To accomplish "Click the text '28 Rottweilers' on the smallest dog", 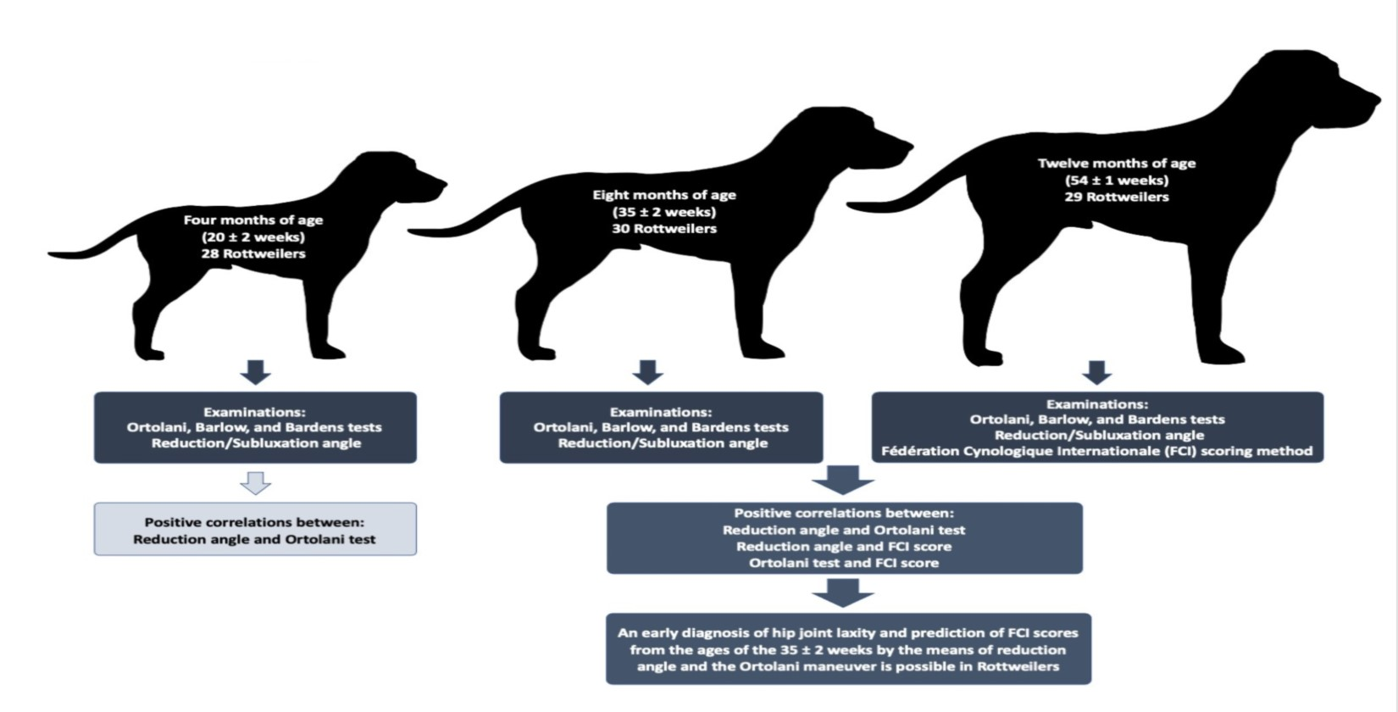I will click(x=253, y=253).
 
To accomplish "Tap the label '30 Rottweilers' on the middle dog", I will click(x=664, y=228).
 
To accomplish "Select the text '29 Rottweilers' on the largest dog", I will click(x=1116, y=197).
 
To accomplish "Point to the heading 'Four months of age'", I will click(x=253, y=220).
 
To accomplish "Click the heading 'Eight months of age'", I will click(x=664, y=195).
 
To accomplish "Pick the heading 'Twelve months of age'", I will click(x=1116, y=163).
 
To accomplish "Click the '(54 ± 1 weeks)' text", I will click(x=1116, y=180).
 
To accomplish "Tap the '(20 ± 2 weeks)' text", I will click(x=253, y=236).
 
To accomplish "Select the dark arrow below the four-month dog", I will click(x=255, y=372).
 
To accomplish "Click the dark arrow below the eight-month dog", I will click(x=648, y=372).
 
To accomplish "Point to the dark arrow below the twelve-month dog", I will click(x=1097, y=372).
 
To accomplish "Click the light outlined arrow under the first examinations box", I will click(x=255, y=483).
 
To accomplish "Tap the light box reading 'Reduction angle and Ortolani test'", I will click(x=255, y=530).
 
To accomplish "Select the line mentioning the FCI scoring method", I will click(x=1096, y=451).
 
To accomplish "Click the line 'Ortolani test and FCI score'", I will click(x=844, y=563).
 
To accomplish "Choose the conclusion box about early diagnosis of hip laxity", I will click(x=848, y=649).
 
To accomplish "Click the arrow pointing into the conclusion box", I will click(x=843, y=593).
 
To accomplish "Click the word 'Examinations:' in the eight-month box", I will click(x=661, y=413).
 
